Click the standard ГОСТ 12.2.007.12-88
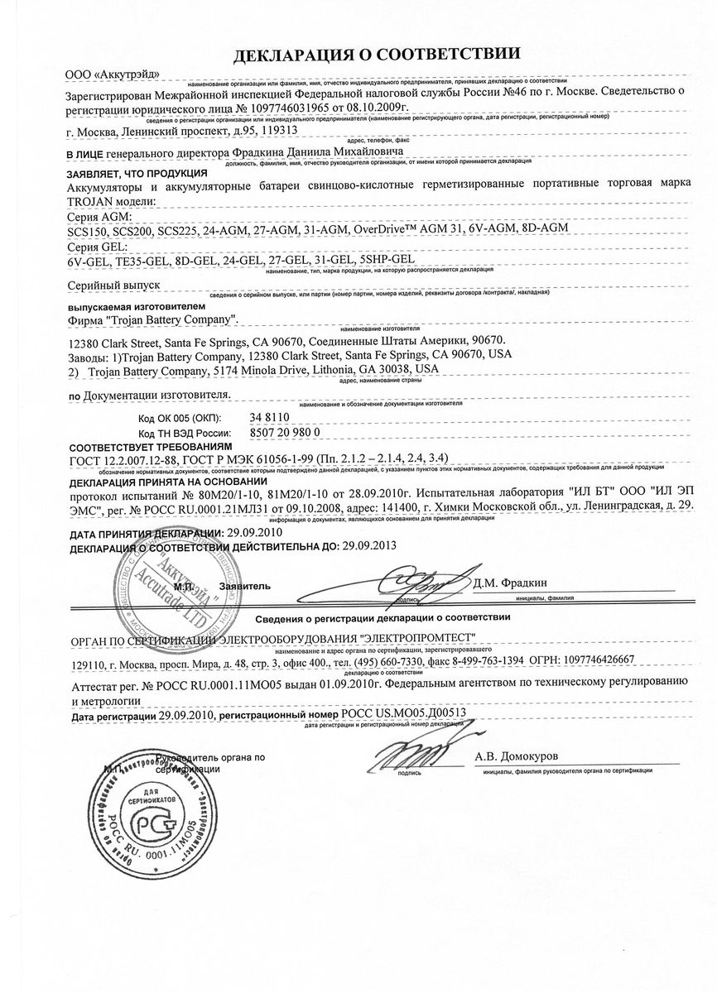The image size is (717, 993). coord(119,460)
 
